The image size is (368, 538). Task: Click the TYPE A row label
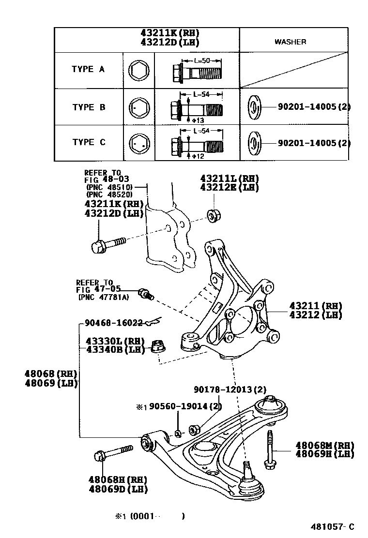point(88,69)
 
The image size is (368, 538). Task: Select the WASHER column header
point(290,42)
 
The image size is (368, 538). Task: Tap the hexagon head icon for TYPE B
point(138,107)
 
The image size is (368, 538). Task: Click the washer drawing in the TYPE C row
point(253,143)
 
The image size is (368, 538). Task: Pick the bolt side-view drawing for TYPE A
point(196,73)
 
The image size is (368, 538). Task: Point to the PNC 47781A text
point(103,298)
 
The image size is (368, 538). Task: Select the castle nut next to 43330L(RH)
point(156,346)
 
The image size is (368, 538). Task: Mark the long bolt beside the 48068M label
point(270,450)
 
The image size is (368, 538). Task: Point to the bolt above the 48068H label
point(112,453)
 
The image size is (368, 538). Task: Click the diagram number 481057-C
point(333,526)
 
